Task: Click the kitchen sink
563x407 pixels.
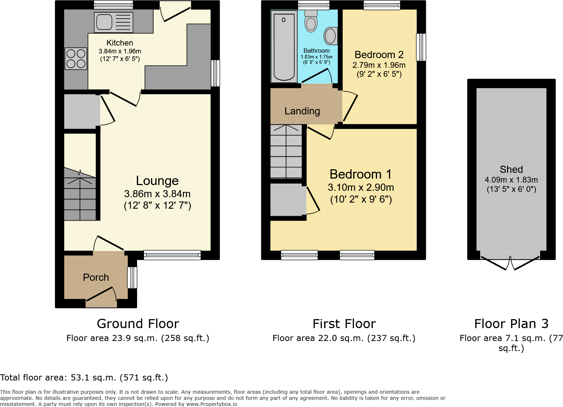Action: click(114, 22)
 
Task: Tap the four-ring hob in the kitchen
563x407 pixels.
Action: click(76, 58)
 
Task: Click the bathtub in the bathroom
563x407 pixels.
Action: click(284, 47)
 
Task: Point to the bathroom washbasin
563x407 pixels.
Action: click(330, 36)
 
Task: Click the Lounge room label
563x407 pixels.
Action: click(157, 181)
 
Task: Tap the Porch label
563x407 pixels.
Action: click(96, 277)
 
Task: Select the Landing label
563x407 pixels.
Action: click(302, 111)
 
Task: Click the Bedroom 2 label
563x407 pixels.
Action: click(379, 55)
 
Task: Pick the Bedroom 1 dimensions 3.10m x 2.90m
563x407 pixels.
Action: click(361, 188)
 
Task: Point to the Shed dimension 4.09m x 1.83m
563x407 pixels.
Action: click(511, 180)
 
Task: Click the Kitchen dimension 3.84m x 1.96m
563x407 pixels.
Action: click(120, 51)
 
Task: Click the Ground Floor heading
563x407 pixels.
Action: click(138, 323)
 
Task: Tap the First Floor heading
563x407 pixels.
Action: click(344, 323)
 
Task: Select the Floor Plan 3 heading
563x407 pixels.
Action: click(511, 323)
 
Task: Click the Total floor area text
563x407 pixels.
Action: click(84, 378)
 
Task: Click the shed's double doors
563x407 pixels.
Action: click(510, 263)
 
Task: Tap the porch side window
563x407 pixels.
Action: click(132, 278)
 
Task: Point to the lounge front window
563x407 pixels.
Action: click(173, 255)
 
